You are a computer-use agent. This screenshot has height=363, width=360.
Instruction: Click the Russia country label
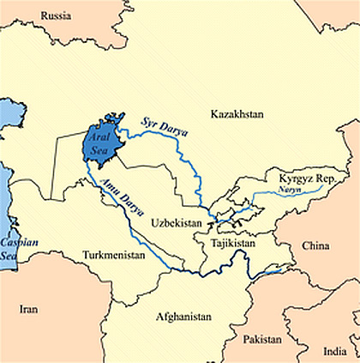tap(57, 15)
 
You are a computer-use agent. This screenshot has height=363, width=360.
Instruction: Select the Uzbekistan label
tap(176, 222)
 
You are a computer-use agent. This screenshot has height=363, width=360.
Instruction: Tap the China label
tap(315, 245)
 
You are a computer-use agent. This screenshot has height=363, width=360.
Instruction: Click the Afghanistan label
tap(183, 316)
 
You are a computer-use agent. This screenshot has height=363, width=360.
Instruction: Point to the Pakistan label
tap(261, 339)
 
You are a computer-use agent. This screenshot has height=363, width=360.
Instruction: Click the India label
tap(335, 351)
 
